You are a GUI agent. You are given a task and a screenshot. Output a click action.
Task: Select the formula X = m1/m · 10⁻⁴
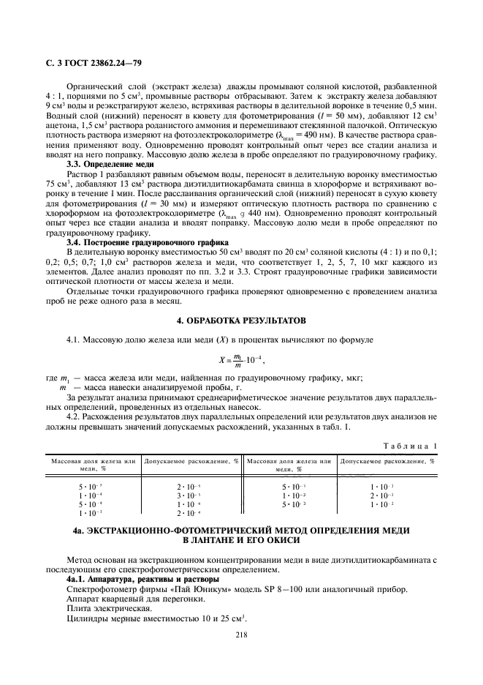click(x=240, y=359)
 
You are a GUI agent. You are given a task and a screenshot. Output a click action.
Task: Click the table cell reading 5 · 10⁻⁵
click(x=91, y=487)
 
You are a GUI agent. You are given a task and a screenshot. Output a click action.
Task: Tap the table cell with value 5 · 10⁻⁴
click(x=91, y=504)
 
